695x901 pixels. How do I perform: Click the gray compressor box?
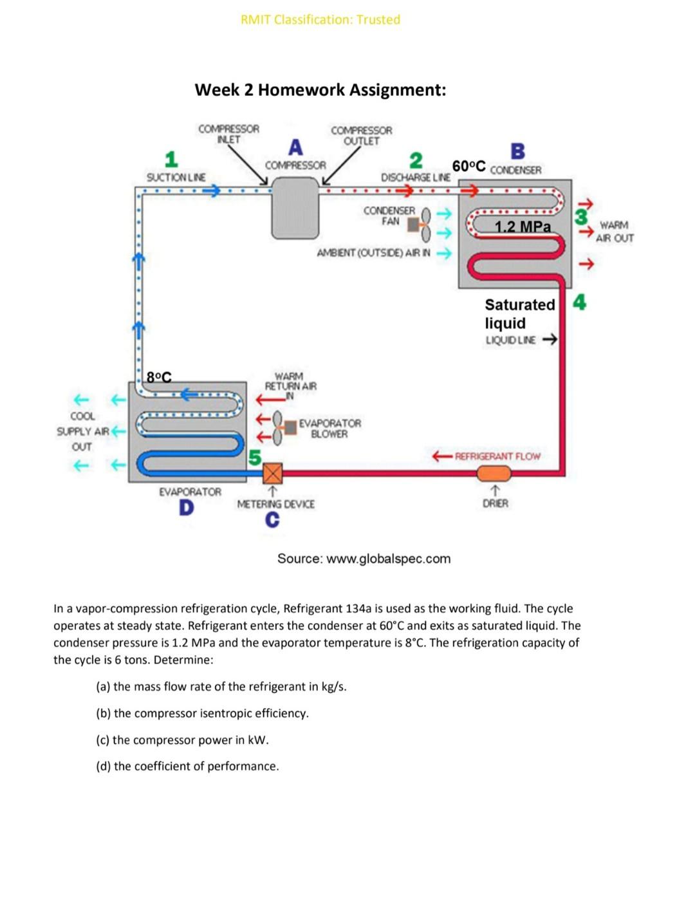(295, 207)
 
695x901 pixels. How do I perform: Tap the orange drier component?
(494, 474)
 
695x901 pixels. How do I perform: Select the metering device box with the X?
(273, 474)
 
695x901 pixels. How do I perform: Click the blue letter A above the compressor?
(295, 147)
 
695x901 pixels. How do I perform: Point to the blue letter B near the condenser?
(517, 151)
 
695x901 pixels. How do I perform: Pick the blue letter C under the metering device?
(272, 519)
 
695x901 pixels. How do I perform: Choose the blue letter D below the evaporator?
(186, 508)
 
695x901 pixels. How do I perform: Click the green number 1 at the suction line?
(171, 158)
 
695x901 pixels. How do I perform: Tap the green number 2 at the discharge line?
(416, 160)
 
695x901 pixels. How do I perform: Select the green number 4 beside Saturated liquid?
(579, 302)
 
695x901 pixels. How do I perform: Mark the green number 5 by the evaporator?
(255, 458)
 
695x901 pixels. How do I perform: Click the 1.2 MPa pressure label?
(523, 227)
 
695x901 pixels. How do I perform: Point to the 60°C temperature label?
(468, 166)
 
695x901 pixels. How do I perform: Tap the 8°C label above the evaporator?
(159, 377)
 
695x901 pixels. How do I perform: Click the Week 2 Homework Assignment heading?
(320, 89)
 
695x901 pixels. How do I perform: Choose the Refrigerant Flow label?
(497, 456)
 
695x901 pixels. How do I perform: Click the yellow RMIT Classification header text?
(320, 19)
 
